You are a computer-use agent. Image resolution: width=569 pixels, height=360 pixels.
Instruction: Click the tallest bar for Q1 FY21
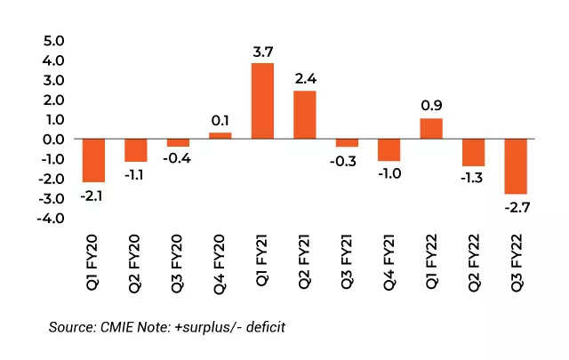coord(262,100)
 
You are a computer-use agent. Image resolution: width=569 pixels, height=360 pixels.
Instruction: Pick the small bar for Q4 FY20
coord(220,136)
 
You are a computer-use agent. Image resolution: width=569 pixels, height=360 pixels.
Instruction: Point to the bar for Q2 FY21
coord(305,115)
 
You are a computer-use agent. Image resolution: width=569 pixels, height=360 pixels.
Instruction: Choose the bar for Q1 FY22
coord(431,129)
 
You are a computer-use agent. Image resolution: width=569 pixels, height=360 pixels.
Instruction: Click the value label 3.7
coord(262,52)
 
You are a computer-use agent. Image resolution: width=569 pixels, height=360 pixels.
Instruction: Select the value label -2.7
coord(517,205)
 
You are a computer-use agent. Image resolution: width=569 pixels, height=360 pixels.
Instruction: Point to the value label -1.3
coord(474,177)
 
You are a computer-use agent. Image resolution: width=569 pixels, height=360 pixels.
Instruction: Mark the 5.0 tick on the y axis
coord(53,41)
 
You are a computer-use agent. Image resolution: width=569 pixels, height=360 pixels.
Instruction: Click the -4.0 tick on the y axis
coord(51,219)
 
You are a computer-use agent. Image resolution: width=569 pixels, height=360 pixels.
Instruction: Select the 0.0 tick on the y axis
coord(53,140)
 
